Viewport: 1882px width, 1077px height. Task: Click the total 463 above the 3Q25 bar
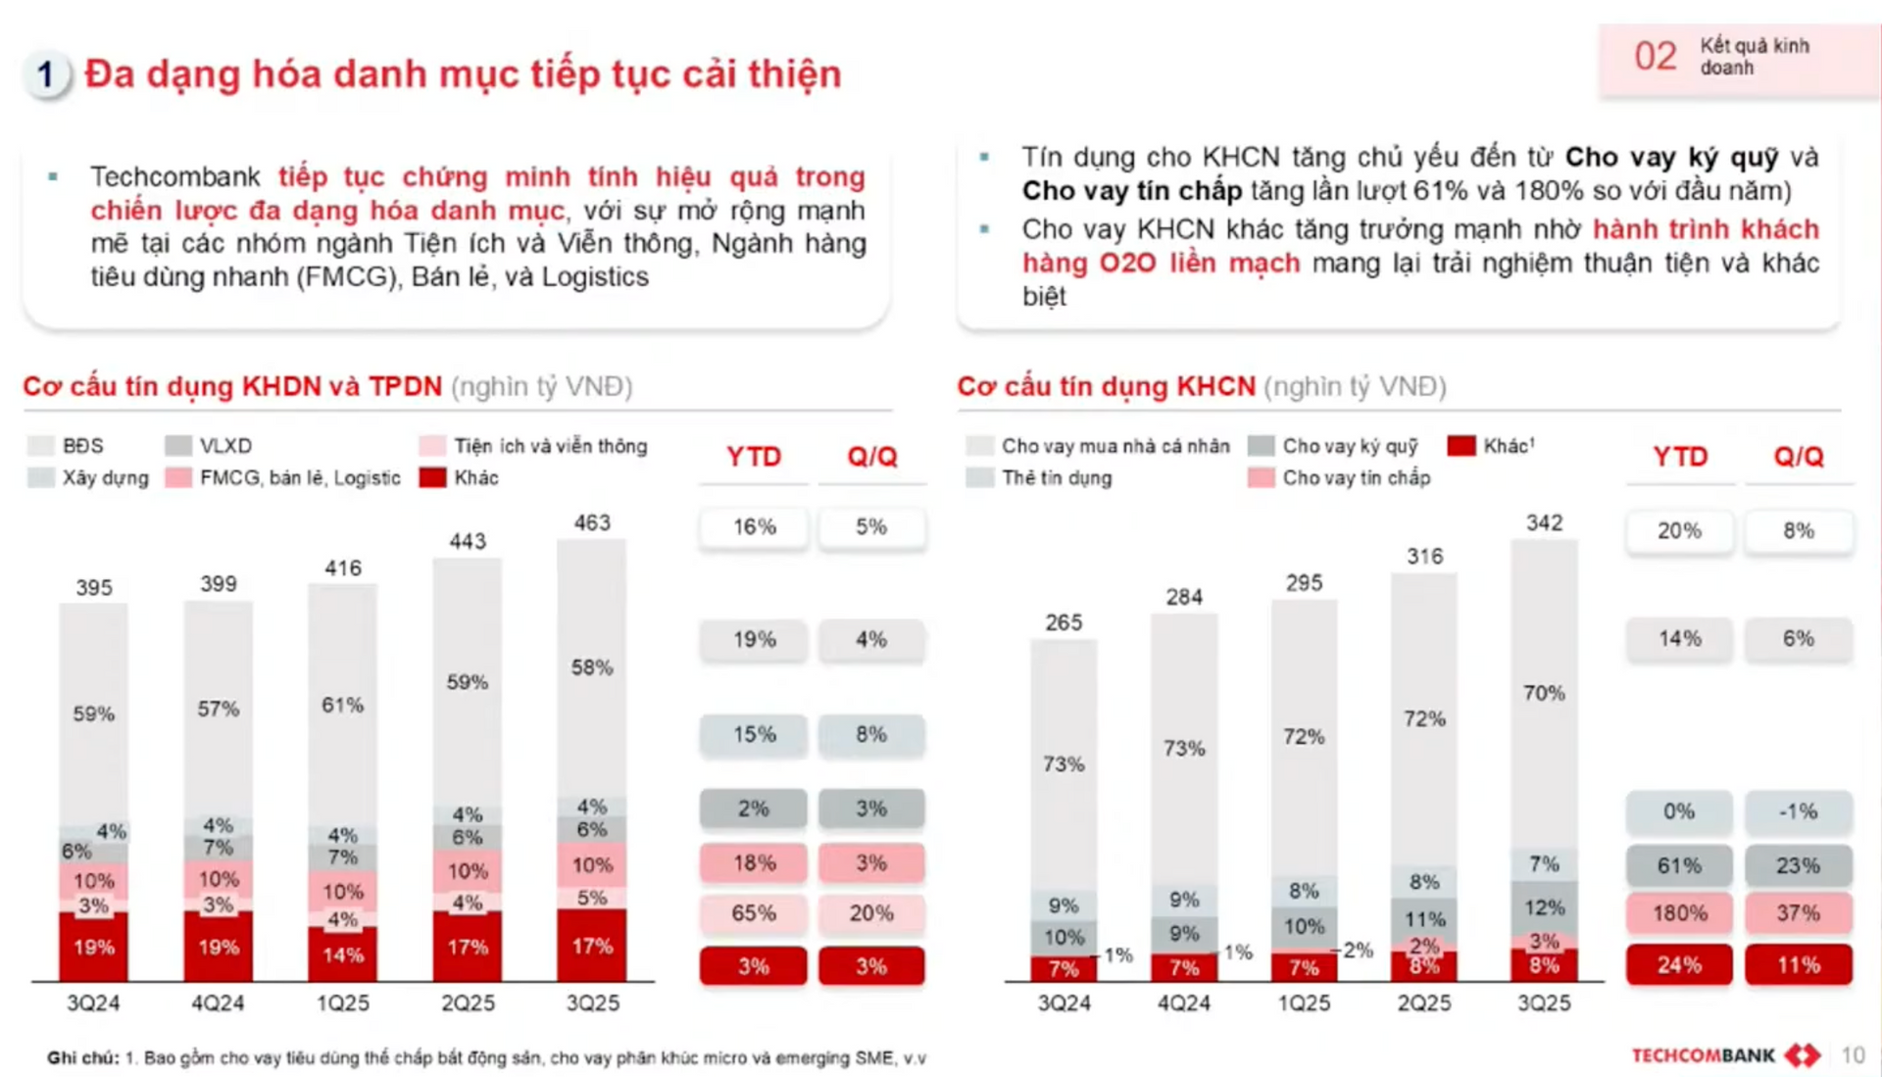click(592, 522)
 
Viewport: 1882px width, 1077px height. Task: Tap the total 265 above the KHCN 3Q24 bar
click(1064, 622)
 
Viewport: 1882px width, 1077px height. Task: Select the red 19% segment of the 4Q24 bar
click(218, 947)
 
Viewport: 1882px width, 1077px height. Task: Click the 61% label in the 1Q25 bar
click(342, 705)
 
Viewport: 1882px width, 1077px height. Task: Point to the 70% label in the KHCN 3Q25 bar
click(1544, 693)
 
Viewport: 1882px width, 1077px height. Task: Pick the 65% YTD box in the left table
click(754, 913)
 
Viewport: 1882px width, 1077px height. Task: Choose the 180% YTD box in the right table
click(1679, 913)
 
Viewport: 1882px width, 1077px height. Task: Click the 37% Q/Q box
click(1798, 913)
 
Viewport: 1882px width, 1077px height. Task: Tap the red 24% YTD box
click(1679, 965)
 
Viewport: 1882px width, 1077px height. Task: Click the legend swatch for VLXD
click(178, 446)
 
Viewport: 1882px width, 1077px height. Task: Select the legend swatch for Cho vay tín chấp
click(1262, 478)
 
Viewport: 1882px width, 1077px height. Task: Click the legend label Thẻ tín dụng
click(1057, 478)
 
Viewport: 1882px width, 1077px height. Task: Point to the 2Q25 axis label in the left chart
click(468, 1003)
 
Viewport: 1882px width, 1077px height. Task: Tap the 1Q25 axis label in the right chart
click(1304, 1003)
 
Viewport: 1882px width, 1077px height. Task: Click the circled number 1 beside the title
click(45, 74)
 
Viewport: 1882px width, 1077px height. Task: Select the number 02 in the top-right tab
click(1656, 57)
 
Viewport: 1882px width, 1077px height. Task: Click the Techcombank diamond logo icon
click(1803, 1055)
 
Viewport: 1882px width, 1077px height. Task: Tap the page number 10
click(1853, 1055)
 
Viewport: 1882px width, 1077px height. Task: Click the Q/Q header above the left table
click(871, 457)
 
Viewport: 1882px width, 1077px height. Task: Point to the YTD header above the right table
click(1679, 457)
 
